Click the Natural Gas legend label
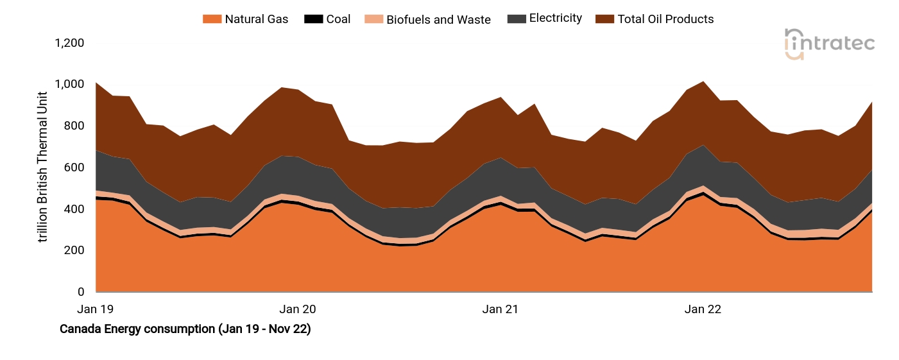click(x=256, y=19)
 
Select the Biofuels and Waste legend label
click(x=438, y=19)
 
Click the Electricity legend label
click(x=555, y=19)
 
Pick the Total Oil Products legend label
click(x=665, y=19)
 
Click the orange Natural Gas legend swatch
click(x=211, y=19)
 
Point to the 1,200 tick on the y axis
click(x=69, y=43)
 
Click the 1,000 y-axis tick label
click(x=69, y=85)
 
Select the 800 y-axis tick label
click(x=74, y=126)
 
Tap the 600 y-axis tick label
click(x=74, y=167)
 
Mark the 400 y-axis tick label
click(x=74, y=209)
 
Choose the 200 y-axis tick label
click(x=74, y=251)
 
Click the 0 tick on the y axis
click(x=80, y=293)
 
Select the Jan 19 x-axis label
click(x=95, y=309)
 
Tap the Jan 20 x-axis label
click(x=298, y=309)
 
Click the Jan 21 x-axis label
click(x=501, y=309)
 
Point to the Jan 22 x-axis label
click(x=703, y=309)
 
